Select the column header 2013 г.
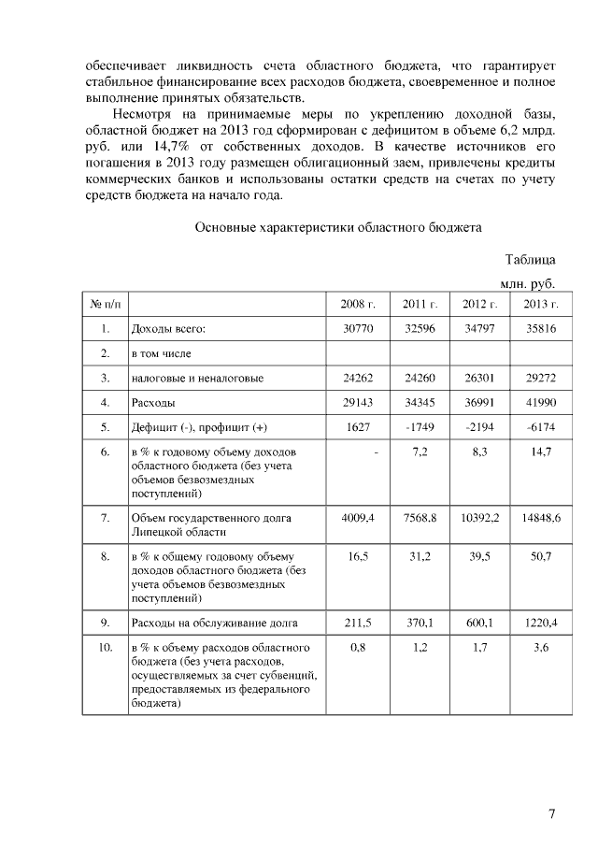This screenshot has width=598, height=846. (x=540, y=304)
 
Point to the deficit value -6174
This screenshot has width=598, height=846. (x=540, y=427)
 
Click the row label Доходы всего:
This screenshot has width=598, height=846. (x=168, y=329)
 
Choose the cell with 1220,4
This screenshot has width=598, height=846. (x=540, y=619)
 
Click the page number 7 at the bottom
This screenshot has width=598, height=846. (x=551, y=813)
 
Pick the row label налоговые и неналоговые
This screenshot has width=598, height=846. (x=197, y=379)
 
